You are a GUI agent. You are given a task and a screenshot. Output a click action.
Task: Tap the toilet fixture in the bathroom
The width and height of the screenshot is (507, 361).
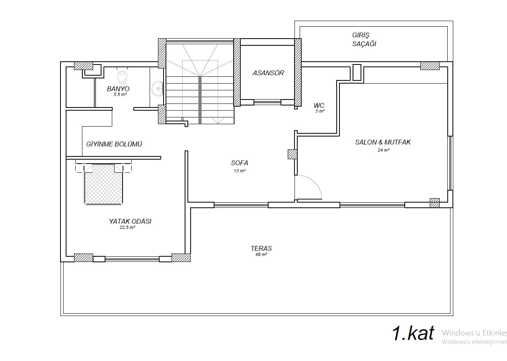(123, 75)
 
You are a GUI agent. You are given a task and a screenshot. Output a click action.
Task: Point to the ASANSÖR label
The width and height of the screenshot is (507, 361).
(268, 73)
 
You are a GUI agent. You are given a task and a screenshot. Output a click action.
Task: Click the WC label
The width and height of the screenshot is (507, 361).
(319, 105)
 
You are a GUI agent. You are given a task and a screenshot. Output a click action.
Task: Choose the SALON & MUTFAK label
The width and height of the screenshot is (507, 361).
(383, 142)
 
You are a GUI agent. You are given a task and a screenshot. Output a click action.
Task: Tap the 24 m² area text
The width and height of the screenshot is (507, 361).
(383, 150)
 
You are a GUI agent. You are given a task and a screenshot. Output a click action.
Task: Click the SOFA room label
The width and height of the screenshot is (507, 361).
(240, 163)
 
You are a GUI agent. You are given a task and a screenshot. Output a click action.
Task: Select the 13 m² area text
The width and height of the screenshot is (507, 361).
(240, 171)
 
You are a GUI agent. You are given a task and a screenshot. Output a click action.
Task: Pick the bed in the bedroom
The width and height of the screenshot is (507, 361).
(103, 184)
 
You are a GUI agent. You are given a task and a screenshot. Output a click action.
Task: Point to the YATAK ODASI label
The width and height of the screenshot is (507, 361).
(130, 221)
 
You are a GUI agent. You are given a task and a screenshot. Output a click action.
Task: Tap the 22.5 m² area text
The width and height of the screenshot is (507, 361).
(127, 227)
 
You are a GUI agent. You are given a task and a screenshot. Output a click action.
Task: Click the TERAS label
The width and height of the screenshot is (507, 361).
(261, 248)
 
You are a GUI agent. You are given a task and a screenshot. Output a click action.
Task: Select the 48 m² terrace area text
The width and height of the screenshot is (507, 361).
(261, 254)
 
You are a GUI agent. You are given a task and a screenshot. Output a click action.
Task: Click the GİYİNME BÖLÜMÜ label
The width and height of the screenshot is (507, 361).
(114, 144)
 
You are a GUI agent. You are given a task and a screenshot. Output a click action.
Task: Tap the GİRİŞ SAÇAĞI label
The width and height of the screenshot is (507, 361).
(364, 39)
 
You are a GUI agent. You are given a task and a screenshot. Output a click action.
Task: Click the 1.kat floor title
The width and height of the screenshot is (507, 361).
(413, 333)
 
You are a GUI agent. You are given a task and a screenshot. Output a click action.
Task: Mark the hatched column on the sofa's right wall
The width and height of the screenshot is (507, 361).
(292, 154)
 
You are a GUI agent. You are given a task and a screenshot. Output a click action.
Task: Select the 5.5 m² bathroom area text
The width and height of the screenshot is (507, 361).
(120, 94)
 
